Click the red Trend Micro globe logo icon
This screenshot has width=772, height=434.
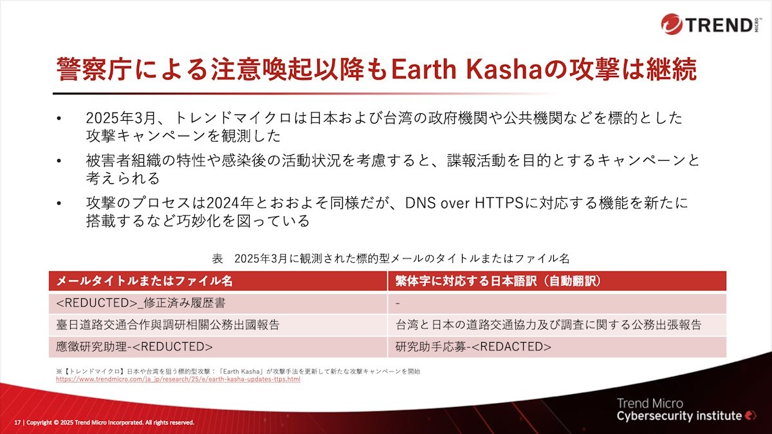pyautogui.click(x=672, y=24)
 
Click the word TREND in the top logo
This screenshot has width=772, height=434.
pyautogui.click(x=719, y=25)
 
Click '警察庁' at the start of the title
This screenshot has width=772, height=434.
pyautogui.click(x=94, y=69)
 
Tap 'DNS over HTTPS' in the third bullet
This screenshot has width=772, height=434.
pyautogui.click(x=464, y=203)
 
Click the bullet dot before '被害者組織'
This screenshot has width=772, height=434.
pyautogui.click(x=59, y=161)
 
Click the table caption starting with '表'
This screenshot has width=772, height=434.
pyautogui.click(x=391, y=258)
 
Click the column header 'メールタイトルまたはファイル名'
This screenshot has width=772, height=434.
pyautogui.click(x=144, y=281)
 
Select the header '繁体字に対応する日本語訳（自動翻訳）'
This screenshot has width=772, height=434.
pyautogui.click(x=499, y=281)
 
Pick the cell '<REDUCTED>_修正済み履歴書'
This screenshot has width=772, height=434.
pyautogui.click(x=141, y=303)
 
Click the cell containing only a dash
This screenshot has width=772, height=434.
pyautogui.click(x=398, y=303)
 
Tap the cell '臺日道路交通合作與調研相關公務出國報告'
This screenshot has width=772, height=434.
pyautogui.click(x=168, y=325)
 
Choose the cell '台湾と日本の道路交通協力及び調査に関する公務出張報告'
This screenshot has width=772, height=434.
pyautogui.click(x=548, y=325)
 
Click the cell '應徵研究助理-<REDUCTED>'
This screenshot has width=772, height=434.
pyautogui.click(x=134, y=347)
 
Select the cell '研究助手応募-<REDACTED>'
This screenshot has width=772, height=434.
pyautogui.click(x=473, y=347)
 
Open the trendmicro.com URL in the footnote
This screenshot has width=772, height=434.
pyautogui.click(x=178, y=379)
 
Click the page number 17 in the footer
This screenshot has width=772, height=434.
pyautogui.click(x=17, y=422)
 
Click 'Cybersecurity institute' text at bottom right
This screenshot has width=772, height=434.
pyautogui.click(x=679, y=416)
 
